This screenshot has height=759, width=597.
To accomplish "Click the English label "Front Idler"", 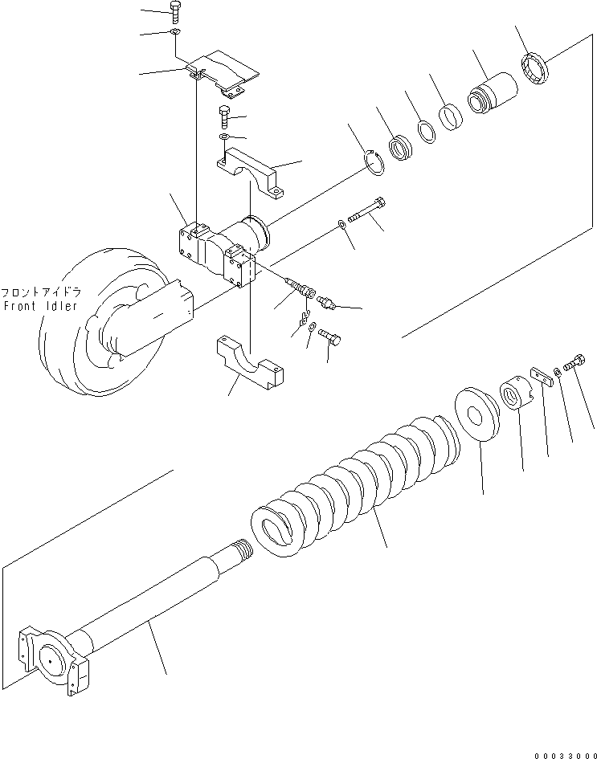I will click(39, 306).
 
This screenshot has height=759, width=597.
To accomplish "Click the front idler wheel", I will click(96, 337).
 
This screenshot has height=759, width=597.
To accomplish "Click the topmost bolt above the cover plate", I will click(176, 12).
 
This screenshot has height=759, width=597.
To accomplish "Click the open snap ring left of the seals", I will click(374, 162).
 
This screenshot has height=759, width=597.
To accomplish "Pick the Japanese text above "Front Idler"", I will click(39, 292).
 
